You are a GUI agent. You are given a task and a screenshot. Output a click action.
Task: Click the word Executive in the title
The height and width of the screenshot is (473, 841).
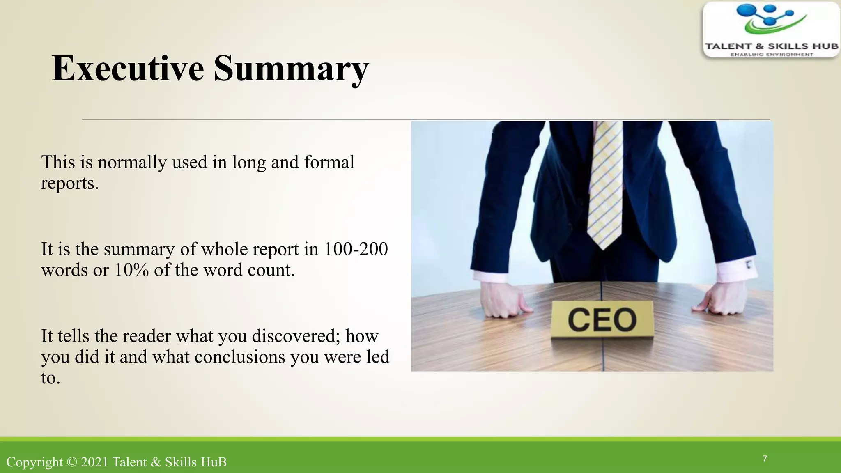pos(128,69)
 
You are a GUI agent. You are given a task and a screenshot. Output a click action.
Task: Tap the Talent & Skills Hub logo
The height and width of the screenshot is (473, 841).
pos(771,30)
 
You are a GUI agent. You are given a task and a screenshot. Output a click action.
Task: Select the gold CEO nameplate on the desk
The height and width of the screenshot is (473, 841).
pos(602,320)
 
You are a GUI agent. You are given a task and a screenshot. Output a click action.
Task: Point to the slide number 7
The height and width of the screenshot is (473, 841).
pos(765,459)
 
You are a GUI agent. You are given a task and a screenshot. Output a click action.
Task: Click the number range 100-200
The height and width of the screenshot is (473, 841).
pos(356,249)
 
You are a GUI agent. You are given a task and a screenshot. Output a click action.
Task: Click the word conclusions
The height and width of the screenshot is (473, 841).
pos(240,357)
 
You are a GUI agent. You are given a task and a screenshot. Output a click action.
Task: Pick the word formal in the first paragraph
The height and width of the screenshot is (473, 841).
pos(329,162)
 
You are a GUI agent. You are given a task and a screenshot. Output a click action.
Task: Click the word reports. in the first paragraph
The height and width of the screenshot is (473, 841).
pos(70,184)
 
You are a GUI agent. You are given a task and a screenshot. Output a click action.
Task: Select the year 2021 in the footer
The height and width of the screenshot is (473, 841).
pos(94,462)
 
